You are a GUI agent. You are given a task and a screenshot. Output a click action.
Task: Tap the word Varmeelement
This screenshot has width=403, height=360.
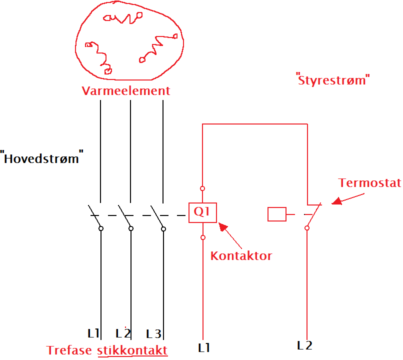pos(126,91)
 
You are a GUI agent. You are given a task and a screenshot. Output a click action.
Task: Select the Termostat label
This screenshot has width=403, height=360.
pos(369,182)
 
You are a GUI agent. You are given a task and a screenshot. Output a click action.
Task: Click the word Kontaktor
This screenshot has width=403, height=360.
pos(241,256)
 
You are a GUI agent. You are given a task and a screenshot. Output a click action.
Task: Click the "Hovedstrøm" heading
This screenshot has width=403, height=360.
pos(41,159)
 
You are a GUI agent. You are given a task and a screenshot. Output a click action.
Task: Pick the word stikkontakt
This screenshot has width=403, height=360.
pos(132,350)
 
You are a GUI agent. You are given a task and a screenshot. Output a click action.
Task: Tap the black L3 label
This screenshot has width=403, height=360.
pos(154,333)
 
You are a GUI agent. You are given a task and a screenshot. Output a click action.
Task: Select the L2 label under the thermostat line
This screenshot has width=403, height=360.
pos(304,345)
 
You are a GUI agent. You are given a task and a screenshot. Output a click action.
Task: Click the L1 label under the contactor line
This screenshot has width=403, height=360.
pos(204,347)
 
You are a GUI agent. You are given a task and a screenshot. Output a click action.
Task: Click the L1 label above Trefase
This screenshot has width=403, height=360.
pos(93,333)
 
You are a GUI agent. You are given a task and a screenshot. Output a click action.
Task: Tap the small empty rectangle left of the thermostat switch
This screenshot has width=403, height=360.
pos(277,214)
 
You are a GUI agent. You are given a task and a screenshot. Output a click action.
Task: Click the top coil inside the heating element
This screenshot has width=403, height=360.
pos(122,18)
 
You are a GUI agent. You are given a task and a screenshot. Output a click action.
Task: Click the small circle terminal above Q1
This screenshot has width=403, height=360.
pos(202,188)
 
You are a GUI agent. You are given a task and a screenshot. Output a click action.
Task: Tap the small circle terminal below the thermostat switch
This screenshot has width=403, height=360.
pos(307,228)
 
